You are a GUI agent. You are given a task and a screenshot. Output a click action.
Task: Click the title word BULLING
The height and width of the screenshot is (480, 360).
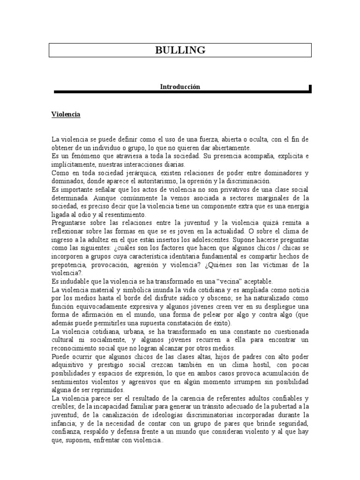(180, 50)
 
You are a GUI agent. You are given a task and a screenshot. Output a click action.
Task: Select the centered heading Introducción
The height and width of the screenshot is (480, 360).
(180, 87)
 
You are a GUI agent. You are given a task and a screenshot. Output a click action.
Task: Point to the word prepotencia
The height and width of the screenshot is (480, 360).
(70, 265)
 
